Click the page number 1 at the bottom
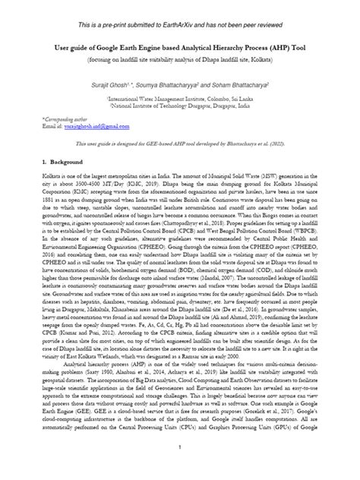(180, 468)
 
